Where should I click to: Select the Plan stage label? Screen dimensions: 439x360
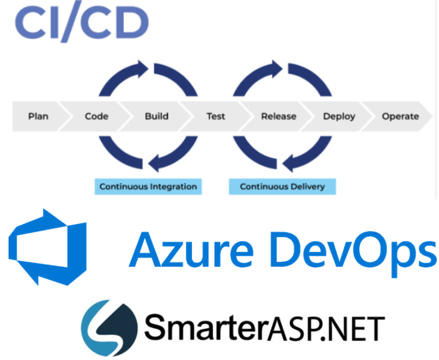pos(38,116)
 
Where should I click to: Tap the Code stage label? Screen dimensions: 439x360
pos(96,116)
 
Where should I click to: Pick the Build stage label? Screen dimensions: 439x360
pos(156,116)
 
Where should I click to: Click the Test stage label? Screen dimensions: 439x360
pos(216,116)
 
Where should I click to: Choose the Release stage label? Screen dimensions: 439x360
pos(278,116)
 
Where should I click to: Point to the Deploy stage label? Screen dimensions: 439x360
pos(339,116)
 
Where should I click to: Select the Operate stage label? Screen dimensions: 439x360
pos(400,116)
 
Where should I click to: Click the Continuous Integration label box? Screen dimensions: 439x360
pos(148,187)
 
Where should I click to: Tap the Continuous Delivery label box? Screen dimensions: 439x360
pos(282,187)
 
